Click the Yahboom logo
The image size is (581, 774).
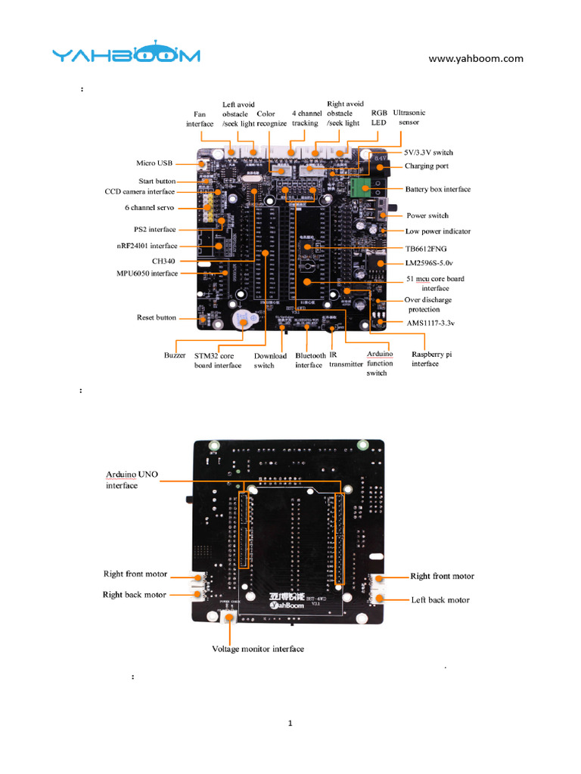(x=126, y=54)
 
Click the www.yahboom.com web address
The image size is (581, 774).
(x=476, y=58)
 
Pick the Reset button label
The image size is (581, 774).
(x=156, y=317)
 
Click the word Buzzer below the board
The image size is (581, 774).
(x=175, y=354)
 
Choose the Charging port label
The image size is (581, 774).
(x=426, y=166)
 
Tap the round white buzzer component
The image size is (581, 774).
(x=244, y=320)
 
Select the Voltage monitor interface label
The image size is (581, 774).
(x=258, y=649)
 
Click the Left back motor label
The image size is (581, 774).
(x=441, y=600)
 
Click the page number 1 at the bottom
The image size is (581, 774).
(x=290, y=723)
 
